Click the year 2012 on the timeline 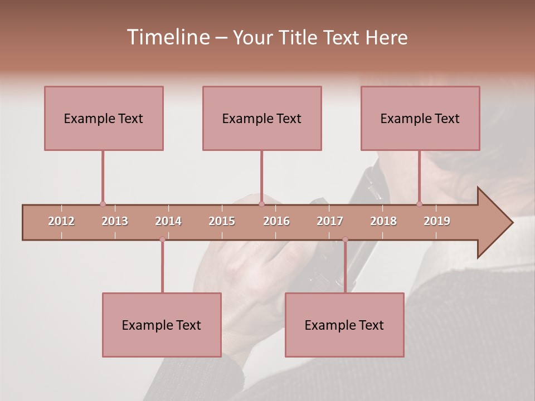point(61,221)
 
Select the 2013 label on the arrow point(115,221)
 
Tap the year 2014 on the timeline point(168,221)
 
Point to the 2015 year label point(222,221)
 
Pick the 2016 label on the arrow point(276,221)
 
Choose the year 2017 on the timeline point(330,221)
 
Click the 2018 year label point(383,221)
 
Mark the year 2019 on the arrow point(437,221)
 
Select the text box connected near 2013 point(104,118)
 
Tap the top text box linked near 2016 point(262,118)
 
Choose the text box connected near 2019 point(420,118)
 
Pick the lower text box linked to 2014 point(162,325)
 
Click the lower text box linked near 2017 point(344,325)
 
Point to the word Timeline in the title point(167,37)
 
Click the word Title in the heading point(300,37)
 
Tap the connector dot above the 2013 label point(103,204)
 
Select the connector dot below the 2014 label point(162,239)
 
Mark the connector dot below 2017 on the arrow point(345,239)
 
